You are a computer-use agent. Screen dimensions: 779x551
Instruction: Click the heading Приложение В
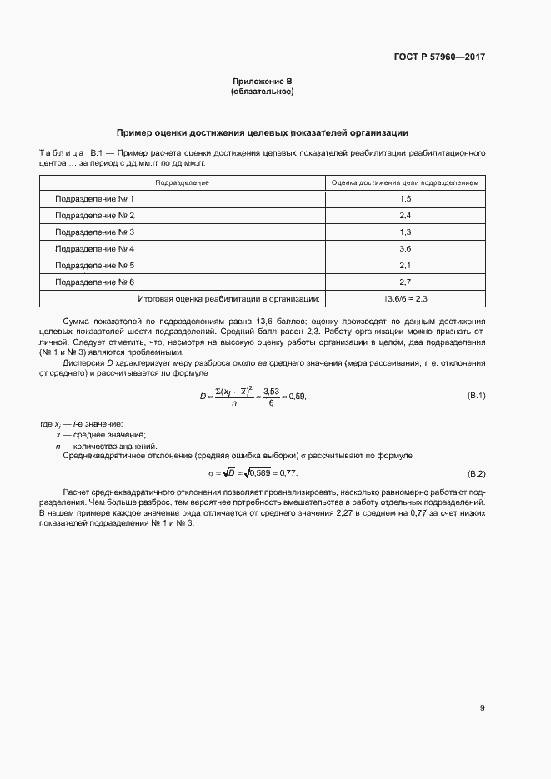click(262, 81)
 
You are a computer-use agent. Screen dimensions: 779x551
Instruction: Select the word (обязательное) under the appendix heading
click(262, 91)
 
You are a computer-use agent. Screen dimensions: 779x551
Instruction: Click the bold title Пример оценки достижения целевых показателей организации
click(262, 132)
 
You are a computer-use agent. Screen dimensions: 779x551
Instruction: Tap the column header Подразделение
click(182, 182)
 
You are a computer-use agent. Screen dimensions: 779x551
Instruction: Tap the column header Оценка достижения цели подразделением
click(405, 182)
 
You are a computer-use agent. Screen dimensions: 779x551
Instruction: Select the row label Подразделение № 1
click(94, 199)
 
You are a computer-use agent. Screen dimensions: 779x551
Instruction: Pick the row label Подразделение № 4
click(94, 248)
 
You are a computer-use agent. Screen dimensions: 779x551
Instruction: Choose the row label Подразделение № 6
click(94, 282)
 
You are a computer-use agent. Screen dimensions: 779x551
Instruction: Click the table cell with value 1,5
click(405, 199)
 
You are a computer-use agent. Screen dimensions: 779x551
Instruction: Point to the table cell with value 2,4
click(405, 216)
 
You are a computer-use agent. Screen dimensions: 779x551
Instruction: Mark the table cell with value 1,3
click(405, 232)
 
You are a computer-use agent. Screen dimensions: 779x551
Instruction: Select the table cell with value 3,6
click(405, 248)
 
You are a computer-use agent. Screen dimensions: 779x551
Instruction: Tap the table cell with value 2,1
click(405, 265)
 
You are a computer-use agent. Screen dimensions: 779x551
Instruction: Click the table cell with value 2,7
click(405, 282)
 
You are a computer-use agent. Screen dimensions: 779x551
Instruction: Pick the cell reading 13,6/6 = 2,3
click(405, 298)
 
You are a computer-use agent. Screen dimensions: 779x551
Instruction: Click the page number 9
click(482, 708)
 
